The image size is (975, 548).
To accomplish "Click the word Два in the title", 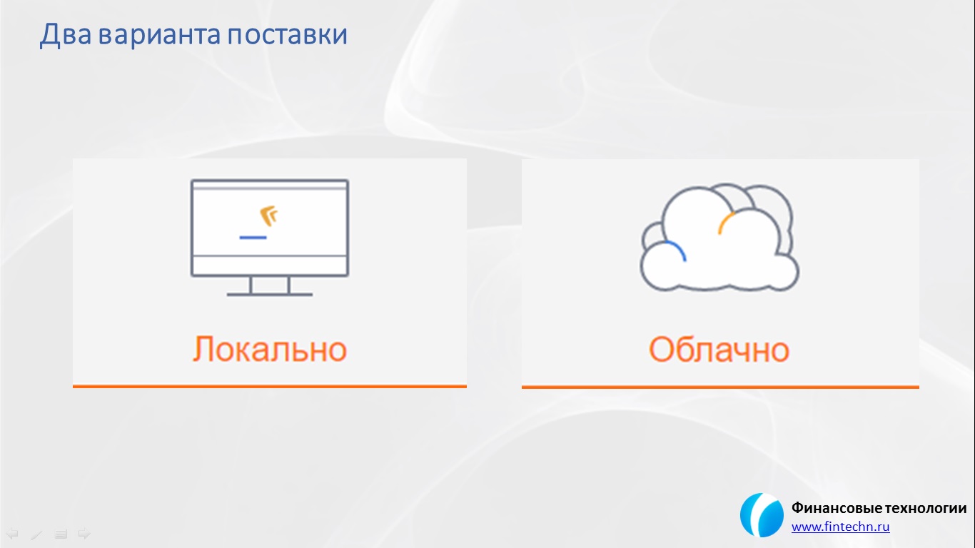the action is (x=65, y=34).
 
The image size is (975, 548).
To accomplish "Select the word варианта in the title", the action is (x=159, y=35).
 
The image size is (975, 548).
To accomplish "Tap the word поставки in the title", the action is (x=287, y=35).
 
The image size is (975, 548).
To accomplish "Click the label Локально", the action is (x=270, y=349).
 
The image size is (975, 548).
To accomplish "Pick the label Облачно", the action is (x=719, y=350).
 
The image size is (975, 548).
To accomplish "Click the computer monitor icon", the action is (x=270, y=238).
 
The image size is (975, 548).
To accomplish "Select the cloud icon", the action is (x=719, y=238).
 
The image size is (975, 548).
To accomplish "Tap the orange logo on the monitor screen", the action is (x=269, y=216).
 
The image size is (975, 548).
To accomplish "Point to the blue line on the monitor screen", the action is (x=253, y=238).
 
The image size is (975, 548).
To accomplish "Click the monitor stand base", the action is (x=270, y=295).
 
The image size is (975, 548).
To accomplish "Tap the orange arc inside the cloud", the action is (x=725, y=222).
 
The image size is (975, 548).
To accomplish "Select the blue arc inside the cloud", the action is (x=677, y=250).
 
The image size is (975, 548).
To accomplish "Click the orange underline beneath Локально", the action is (x=270, y=385).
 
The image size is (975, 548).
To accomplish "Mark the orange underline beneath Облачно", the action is (x=720, y=387).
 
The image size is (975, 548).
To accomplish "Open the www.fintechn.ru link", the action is (x=841, y=527).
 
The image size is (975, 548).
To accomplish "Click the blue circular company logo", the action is (x=762, y=515).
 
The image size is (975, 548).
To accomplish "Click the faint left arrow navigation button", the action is (x=11, y=533).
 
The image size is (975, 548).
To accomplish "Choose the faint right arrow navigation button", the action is (x=84, y=533).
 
